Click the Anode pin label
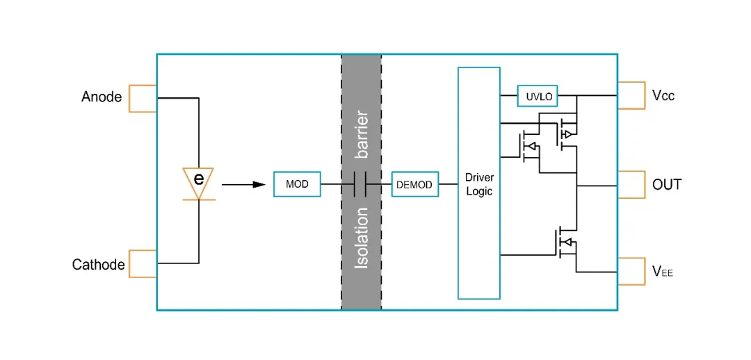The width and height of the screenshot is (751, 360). [x=102, y=97]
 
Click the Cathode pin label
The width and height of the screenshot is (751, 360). [x=98, y=265]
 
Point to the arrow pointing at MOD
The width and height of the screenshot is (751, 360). [x=243, y=184]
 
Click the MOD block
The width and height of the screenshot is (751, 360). [x=298, y=184]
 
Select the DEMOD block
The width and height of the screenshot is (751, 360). [x=414, y=185]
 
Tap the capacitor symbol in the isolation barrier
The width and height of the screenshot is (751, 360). [x=361, y=184]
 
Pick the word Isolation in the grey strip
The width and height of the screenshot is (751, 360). [x=362, y=237]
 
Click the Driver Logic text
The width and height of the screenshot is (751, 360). [x=478, y=185]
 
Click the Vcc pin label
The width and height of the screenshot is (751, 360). [x=663, y=96]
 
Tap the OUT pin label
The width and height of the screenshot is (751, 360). [x=667, y=185]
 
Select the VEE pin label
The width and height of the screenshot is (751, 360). [x=663, y=272]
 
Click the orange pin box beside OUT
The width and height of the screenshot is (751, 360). [x=631, y=184]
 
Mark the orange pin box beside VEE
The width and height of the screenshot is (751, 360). [x=631, y=271]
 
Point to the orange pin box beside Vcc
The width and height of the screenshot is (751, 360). [x=631, y=95]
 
